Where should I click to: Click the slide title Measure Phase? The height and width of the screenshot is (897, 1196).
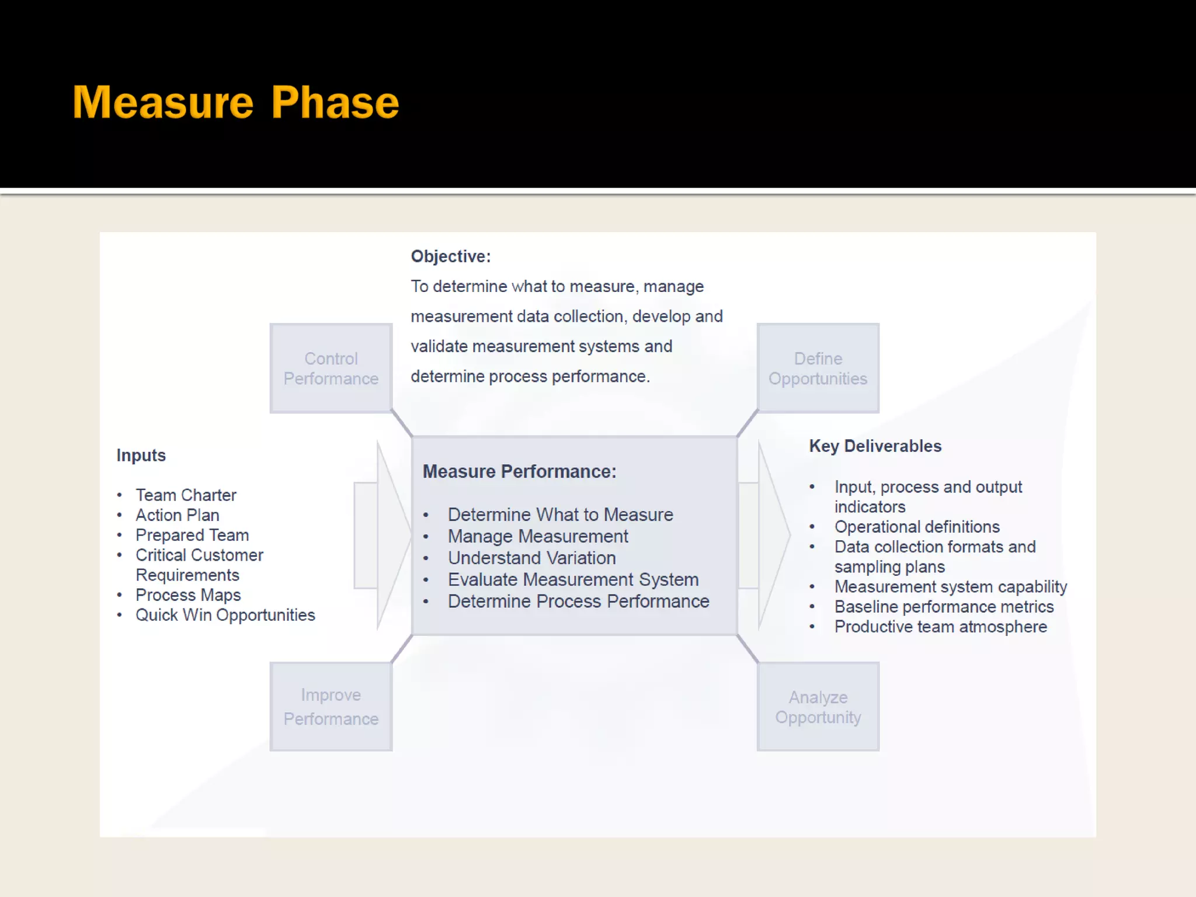tap(236, 102)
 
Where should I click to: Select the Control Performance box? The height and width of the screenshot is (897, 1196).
tap(331, 368)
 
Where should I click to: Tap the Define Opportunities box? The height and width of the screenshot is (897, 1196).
tap(818, 368)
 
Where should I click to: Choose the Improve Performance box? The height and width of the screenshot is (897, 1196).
tap(331, 707)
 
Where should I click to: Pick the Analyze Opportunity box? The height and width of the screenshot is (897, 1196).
tap(818, 707)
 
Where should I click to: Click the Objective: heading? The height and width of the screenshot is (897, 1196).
tap(451, 256)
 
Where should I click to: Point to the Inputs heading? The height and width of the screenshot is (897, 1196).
tap(141, 456)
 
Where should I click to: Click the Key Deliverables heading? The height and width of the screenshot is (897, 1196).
tap(875, 446)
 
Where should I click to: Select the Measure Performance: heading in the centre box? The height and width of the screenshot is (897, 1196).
tap(519, 472)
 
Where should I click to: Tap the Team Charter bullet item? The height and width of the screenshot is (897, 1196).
tap(186, 495)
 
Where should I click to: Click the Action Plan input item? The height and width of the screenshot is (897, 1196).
tap(178, 515)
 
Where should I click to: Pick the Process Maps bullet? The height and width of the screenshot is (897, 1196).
tap(188, 595)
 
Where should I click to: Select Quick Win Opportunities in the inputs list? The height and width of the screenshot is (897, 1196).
tap(225, 615)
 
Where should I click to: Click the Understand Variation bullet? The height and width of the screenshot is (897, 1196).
tap(531, 558)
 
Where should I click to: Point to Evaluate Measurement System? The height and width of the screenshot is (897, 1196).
tap(573, 580)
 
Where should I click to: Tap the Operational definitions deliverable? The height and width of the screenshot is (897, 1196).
tap(917, 527)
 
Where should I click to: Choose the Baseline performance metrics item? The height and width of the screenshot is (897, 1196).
tap(944, 607)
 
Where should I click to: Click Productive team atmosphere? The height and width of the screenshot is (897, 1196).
tap(940, 627)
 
